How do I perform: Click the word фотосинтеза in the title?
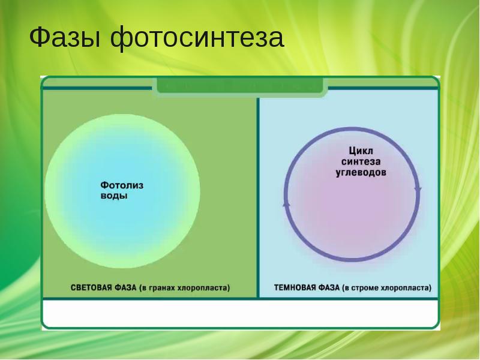point(197,38)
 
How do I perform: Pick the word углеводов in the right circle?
point(361,172)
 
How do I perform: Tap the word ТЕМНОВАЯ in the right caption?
point(293,287)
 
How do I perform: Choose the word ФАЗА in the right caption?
point(329,287)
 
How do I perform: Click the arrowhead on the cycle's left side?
point(286,204)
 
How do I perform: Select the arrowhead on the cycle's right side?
point(418,190)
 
